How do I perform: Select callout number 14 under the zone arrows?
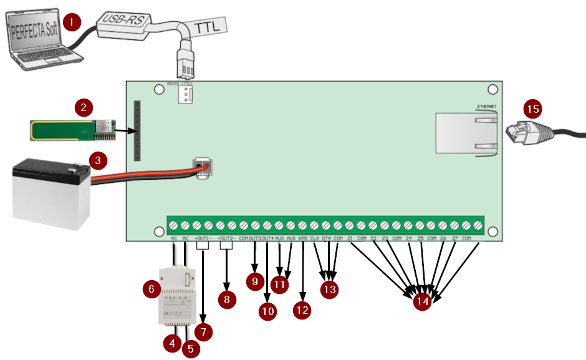[423, 301]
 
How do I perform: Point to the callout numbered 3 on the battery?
[97, 160]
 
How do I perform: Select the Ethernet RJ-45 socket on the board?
[466, 132]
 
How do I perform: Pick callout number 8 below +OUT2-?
[226, 299]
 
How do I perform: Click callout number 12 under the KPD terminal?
[302, 309]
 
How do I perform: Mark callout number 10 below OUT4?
[268, 311]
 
